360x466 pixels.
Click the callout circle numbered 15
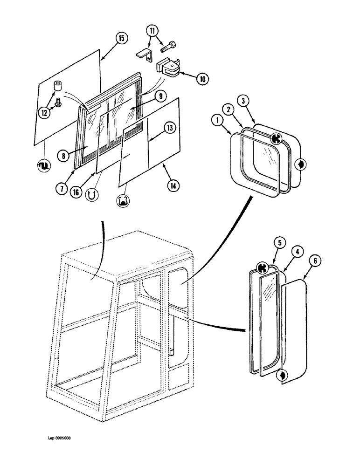pos(121,39)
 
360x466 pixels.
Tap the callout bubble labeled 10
pos(202,79)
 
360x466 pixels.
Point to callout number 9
pos(159,96)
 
